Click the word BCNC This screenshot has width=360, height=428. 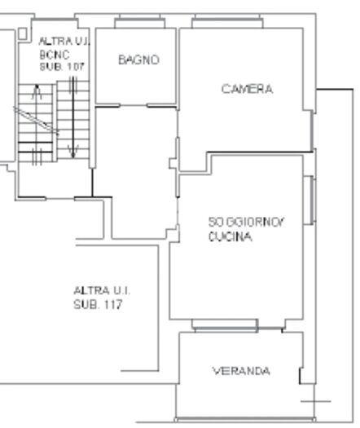(50, 55)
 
